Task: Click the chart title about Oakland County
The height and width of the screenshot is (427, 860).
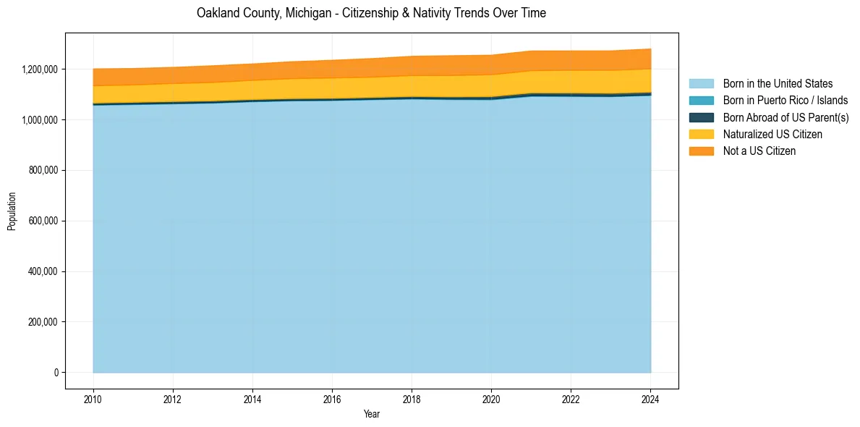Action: (371, 13)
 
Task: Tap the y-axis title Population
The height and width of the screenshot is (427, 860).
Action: (12, 211)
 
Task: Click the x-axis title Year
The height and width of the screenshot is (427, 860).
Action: (371, 415)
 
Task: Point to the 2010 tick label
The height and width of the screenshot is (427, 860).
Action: (93, 399)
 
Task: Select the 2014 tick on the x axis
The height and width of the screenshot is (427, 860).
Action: (252, 399)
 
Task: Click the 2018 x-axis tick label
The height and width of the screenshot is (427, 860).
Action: (412, 399)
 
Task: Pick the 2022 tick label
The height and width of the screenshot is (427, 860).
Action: (571, 399)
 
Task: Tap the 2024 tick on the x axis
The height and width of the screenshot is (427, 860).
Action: (650, 399)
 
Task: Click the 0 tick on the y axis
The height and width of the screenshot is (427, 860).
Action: (56, 373)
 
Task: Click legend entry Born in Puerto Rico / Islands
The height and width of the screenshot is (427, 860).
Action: (786, 101)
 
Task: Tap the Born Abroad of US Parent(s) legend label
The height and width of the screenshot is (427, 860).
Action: (786, 117)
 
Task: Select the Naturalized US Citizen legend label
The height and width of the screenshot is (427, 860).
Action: (772, 135)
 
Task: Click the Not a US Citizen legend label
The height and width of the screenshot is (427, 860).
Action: (759, 151)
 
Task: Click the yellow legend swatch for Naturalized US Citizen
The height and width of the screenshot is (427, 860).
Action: (701, 135)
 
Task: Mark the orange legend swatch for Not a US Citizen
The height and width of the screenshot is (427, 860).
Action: (701, 151)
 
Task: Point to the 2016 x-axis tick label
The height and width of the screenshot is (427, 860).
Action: (332, 399)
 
